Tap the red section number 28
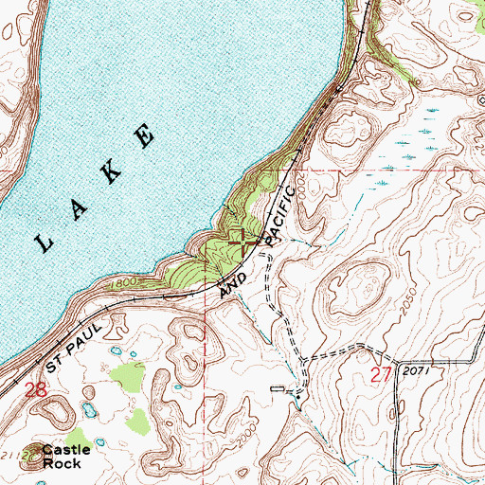click(36, 390)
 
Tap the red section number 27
click(381, 375)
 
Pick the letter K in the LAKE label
click(112, 171)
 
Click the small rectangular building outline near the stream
click(277, 389)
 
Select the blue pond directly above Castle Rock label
click(88, 410)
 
